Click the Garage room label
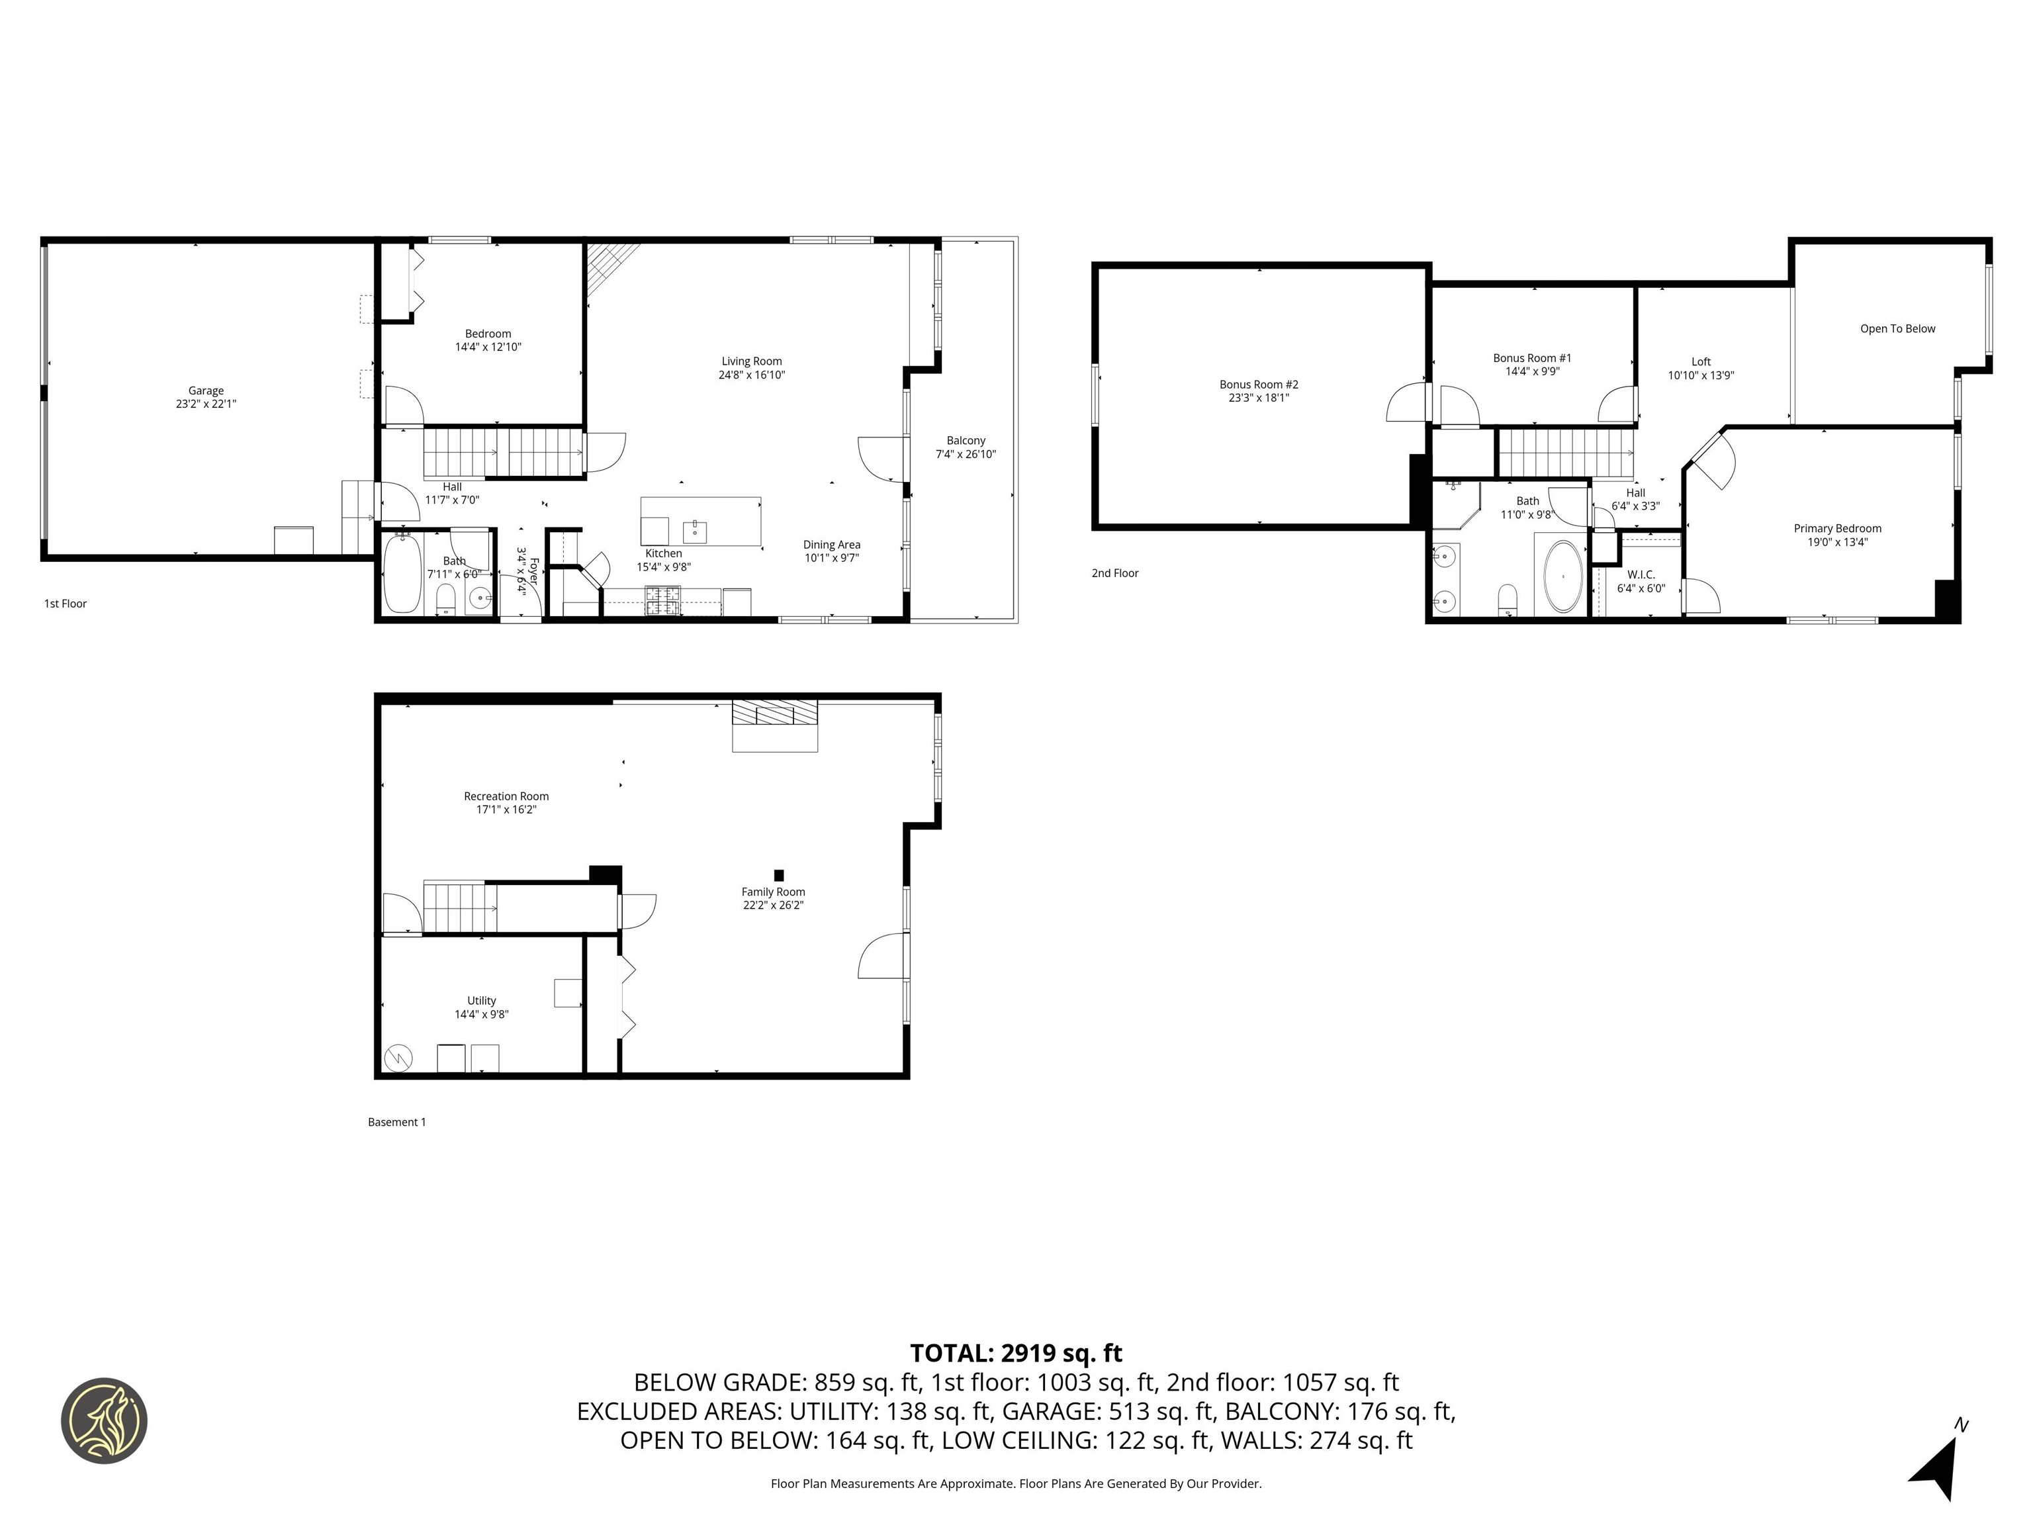click(206, 391)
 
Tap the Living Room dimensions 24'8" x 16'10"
click(751, 375)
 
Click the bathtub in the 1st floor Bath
click(402, 574)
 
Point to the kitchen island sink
click(694, 531)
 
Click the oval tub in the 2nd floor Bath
click(1562, 577)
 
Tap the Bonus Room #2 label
click(1258, 385)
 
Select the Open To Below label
click(1897, 329)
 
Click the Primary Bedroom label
click(1836, 529)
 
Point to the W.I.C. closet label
click(1641, 575)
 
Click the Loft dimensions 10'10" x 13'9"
click(1700, 375)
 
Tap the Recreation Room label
click(506, 796)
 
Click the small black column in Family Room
click(778, 875)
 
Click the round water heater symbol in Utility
click(400, 1058)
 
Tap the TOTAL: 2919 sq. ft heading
click(1016, 1353)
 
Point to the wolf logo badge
click(104, 1420)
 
